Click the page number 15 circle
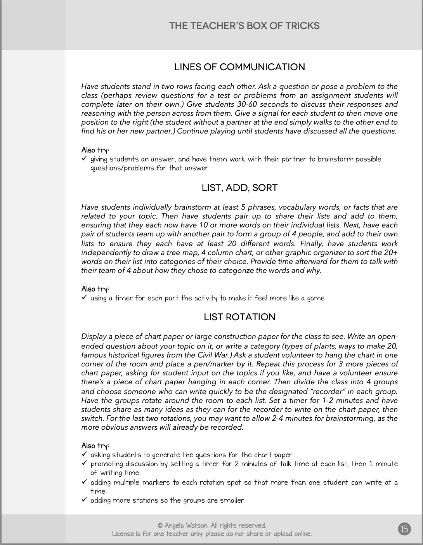click(x=404, y=529)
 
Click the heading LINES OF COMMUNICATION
click(x=239, y=67)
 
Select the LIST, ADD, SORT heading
click(x=239, y=188)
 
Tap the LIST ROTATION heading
click(x=239, y=317)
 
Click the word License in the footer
click(x=123, y=534)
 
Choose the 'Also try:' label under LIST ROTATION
click(x=95, y=446)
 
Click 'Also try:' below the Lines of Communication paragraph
click(x=95, y=150)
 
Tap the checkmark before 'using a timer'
click(x=84, y=298)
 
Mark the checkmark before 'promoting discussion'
click(x=84, y=463)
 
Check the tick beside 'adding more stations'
click(x=84, y=500)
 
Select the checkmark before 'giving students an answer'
click(x=84, y=159)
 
